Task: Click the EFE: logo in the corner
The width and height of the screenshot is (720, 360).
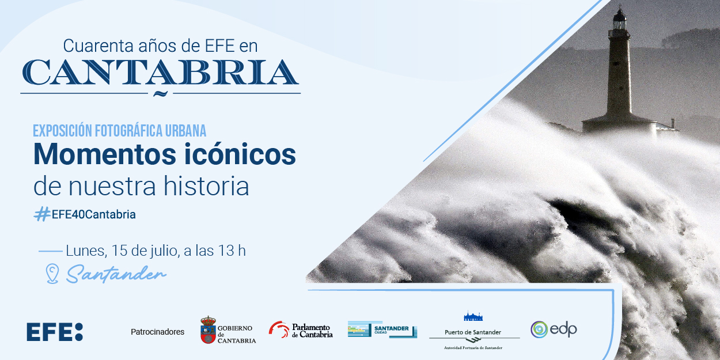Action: coord(55,332)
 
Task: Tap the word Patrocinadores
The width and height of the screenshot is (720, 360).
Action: coord(157,332)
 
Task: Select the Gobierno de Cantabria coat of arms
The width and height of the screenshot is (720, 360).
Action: coord(208,330)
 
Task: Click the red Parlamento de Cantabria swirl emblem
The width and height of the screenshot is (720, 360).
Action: coord(279,329)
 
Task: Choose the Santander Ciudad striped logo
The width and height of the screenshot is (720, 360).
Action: coord(382,329)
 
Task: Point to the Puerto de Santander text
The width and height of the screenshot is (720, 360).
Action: coord(473,332)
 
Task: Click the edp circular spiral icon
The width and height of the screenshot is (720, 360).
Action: coord(539,329)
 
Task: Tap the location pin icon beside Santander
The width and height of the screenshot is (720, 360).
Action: coord(52,274)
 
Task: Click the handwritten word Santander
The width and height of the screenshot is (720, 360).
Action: coord(116,274)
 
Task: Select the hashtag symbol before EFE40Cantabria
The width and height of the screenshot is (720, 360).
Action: coord(42,214)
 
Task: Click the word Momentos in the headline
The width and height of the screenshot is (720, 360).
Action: coord(105,154)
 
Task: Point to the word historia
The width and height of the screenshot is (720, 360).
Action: coord(206,186)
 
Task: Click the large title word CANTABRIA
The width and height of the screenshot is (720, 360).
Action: coord(160,72)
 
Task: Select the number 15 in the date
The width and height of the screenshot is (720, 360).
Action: coord(120,251)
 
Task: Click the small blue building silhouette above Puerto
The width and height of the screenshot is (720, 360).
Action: coord(473,316)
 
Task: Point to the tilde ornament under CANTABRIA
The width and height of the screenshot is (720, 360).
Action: coord(160,93)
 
